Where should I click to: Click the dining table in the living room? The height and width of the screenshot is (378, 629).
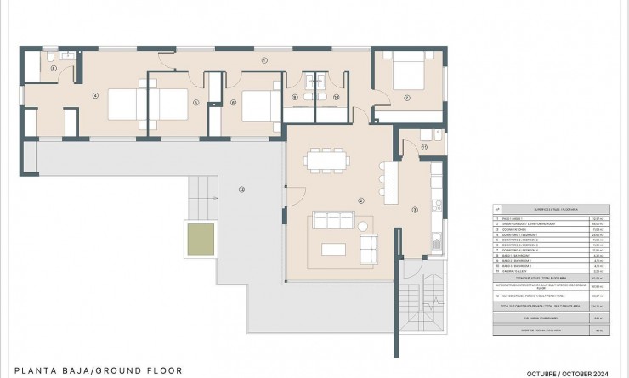click(327, 159)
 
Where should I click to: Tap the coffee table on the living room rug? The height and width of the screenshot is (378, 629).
click(338, 249)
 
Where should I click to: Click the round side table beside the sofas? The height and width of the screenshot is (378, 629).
click(365, 226)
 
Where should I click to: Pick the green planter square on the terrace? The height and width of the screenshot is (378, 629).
click(200, 239)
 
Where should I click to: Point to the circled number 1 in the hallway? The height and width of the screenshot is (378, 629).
click(264, 60)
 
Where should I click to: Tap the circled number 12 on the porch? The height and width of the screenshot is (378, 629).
click(241, 189)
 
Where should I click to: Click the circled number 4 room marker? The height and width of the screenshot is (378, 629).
click(95, 95)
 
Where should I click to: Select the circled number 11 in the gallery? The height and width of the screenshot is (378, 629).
click(422, 147)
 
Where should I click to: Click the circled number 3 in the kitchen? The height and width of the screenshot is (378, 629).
click(415, 209)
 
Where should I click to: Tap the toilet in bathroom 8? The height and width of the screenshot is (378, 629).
click(52, 57)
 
